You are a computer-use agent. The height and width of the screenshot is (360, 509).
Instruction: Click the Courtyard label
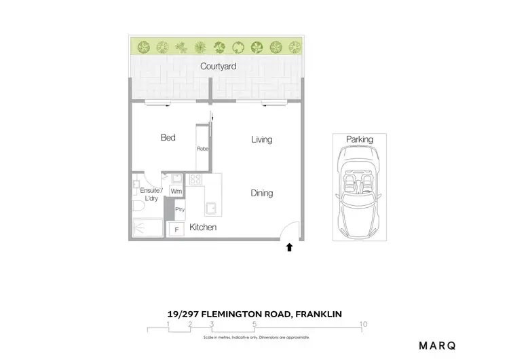point(218,67)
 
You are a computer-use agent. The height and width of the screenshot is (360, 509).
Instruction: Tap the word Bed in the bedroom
point(168,138)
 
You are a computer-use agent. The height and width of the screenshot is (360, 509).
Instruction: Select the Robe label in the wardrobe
point(202,149)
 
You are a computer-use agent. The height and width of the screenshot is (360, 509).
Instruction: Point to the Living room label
point(261,139)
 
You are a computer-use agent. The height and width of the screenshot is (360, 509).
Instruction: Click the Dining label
point(262,193)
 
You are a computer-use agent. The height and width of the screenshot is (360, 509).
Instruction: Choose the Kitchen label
point(203,228)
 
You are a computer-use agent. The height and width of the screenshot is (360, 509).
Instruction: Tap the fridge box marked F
point(176,230)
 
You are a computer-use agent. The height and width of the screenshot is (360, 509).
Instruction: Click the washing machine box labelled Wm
point(176,192)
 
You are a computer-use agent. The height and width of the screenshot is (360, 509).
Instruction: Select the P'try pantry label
point(180,209)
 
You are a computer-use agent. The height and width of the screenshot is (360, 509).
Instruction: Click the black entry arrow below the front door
point(290,248)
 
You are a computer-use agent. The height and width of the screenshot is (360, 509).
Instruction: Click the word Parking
point(360,139)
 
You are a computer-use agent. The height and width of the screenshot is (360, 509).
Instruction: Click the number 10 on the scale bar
point(364,324)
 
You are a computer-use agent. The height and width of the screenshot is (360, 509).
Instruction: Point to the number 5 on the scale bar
point(254,324)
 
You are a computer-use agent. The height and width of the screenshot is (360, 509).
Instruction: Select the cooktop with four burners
point(195,180)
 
